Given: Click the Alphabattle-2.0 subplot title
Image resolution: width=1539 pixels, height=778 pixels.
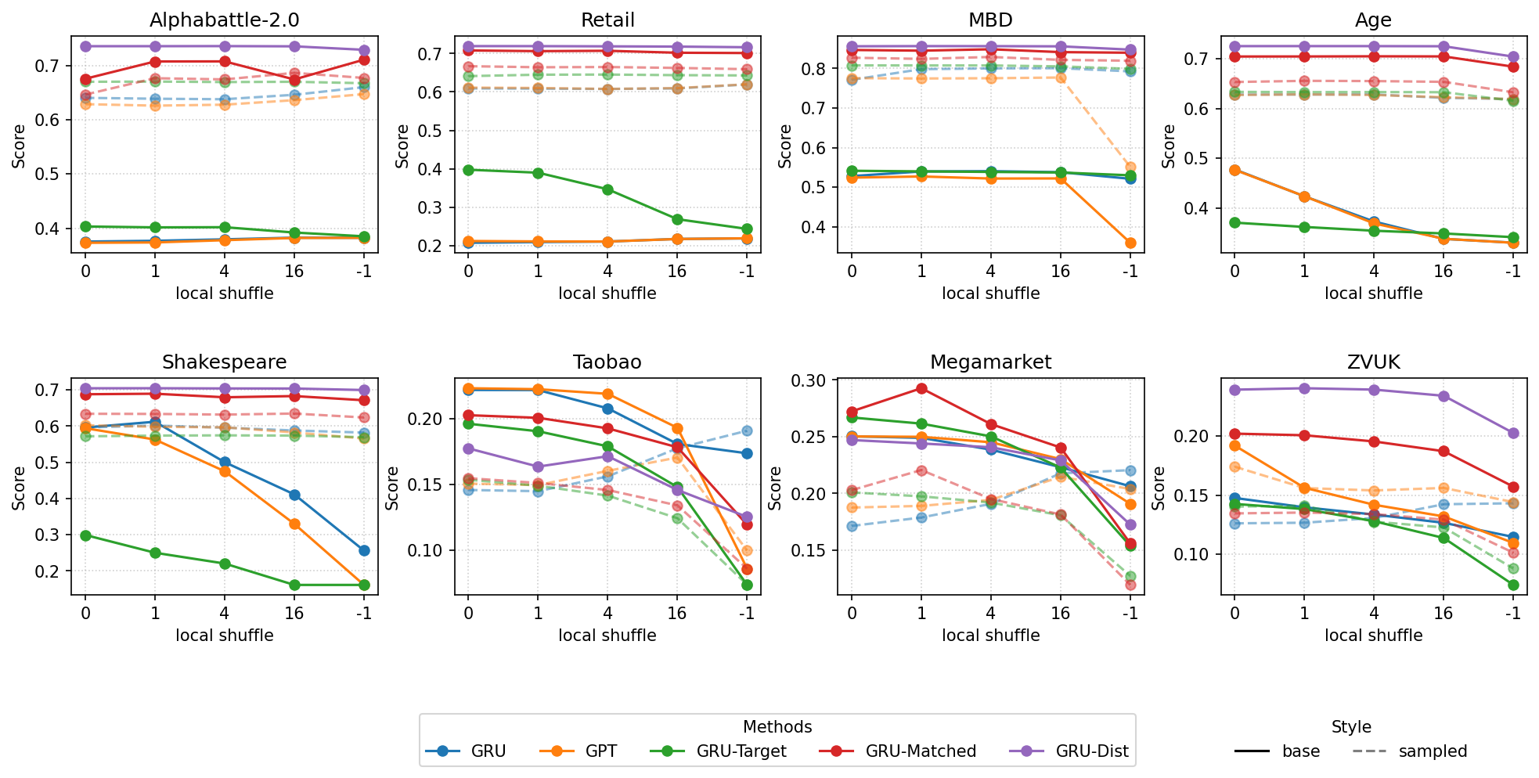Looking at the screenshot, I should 225,20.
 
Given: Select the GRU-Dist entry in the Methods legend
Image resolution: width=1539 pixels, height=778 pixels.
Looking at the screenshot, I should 1092,751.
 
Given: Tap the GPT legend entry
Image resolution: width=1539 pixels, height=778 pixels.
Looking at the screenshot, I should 600,751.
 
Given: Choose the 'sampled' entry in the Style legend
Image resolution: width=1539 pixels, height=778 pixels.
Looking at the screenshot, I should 1433,751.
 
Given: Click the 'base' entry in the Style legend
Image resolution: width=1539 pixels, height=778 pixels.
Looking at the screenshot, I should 1300,751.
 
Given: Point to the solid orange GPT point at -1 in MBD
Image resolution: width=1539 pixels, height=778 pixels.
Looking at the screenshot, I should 1130,243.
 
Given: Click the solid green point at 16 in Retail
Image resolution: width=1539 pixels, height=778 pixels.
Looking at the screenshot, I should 677,219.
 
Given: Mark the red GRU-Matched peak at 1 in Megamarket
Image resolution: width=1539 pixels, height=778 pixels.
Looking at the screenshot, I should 921,388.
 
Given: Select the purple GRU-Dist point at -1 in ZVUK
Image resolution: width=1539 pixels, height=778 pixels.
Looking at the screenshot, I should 1512,433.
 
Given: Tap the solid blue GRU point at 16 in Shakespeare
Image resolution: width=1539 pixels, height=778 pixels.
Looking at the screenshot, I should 294,495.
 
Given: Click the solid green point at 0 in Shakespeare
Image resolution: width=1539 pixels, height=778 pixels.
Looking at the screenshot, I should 86,535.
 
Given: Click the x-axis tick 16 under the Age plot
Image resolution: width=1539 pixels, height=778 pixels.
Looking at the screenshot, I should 1443,271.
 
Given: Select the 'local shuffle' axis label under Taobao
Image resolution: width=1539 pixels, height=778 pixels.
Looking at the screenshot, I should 607,636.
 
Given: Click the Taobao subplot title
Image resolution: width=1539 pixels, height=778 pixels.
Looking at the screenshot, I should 607,362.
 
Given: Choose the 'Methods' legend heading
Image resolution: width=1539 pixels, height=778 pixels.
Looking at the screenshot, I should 777,727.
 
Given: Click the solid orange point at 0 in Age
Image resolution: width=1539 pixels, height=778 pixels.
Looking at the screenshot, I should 1234,170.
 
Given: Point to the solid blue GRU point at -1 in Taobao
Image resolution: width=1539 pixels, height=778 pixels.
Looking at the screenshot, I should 747,453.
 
